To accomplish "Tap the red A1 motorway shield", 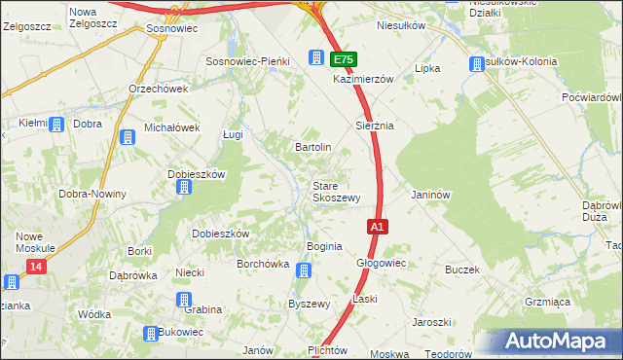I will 379,226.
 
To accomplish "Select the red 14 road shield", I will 36,266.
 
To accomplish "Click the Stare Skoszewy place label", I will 337,191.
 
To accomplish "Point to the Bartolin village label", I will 313,147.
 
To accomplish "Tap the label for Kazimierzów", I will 362,78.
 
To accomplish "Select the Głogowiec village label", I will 381,263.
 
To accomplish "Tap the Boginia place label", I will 324,246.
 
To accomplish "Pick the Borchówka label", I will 264,263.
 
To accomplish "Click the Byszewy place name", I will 309,304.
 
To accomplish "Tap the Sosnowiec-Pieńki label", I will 248,60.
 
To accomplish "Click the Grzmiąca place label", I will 546,303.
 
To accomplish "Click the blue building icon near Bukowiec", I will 151,334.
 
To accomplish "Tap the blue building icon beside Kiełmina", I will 55,125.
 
